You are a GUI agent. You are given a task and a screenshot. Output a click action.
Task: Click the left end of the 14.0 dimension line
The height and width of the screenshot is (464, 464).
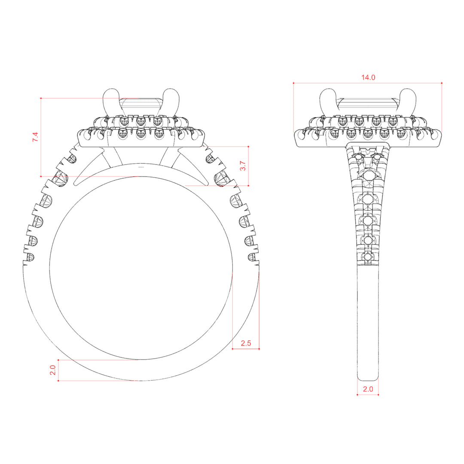tap(293, 83)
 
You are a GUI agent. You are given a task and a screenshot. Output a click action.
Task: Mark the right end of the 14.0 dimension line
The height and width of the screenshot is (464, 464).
tap(442, 83)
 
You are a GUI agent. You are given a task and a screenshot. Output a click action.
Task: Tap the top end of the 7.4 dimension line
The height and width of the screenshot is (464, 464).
tap(41, 98)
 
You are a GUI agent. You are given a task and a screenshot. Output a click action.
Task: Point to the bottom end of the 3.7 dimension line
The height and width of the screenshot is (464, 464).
tap(248, 186)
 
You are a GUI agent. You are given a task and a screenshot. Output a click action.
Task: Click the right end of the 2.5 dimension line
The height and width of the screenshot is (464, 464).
tap(259, 349)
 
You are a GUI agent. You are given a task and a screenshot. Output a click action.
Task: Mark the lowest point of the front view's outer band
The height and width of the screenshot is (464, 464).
tap(141, 381)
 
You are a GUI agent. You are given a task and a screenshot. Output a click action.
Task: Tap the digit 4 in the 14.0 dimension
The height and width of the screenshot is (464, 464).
tap(366, 77)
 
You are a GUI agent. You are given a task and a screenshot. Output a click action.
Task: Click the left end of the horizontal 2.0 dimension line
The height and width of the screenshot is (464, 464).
tap(357, 395)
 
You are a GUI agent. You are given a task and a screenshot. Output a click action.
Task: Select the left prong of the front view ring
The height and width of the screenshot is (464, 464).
tap(111, 102)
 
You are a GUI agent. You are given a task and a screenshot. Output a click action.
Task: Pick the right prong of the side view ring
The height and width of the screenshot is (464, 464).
tap(408, 102)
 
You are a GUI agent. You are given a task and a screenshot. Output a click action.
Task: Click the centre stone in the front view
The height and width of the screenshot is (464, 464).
tap(141, 107)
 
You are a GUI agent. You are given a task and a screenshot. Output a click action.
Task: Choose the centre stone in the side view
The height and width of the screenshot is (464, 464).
tap(368, 107)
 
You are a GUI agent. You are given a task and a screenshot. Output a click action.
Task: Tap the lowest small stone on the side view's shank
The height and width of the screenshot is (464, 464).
tap(367, 256)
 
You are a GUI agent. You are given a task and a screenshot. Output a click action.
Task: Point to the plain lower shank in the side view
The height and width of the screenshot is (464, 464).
tap(368, 323)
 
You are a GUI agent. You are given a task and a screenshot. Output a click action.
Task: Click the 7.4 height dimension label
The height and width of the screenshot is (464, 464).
tap(35, 137)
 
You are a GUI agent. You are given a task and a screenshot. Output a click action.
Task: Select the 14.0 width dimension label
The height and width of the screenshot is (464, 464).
tap(368, 77)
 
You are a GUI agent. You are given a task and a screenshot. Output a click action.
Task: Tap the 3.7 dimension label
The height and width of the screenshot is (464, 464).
tap(243, 166)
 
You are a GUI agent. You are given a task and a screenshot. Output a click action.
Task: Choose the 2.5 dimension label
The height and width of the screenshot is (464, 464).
tap(246, 343)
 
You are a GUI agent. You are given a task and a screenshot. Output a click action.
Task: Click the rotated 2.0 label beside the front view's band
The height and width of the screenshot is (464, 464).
tap(53, 370)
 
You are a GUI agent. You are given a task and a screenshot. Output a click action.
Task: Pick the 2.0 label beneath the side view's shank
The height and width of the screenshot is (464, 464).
tap(368, 389)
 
